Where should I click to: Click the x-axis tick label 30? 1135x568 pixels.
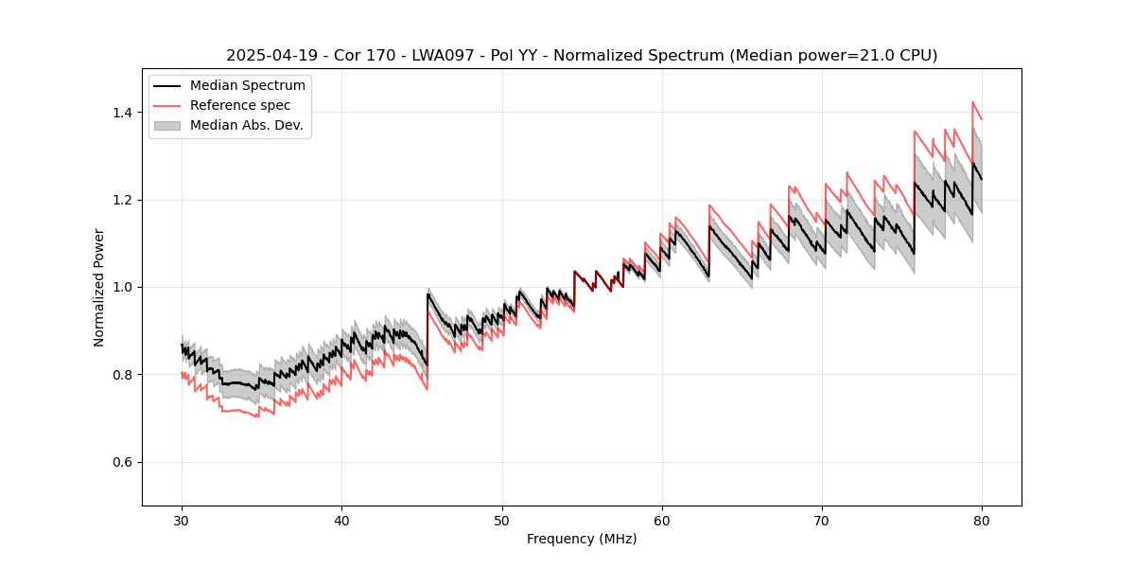tap(182, 521)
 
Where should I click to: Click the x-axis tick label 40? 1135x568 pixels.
tap(341, 521)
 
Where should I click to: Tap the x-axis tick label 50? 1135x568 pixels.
tap(501, 521)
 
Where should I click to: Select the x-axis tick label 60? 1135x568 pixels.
tap(661, 521)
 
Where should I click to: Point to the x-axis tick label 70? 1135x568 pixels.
tap(821, 521)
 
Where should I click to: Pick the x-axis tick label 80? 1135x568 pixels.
tap(981, 521)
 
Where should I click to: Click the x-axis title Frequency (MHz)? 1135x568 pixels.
tap(582, 539)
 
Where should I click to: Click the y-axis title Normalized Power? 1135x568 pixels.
tap(99, 287)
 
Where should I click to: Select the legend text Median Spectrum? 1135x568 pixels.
tap(248, 86)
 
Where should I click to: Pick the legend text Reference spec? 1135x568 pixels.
tap(240, 105)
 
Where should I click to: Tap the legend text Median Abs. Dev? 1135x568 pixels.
tap(247, 125)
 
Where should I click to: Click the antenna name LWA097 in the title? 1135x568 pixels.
tap(437, 56)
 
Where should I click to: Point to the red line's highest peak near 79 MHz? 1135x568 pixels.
tap(972, 102)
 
